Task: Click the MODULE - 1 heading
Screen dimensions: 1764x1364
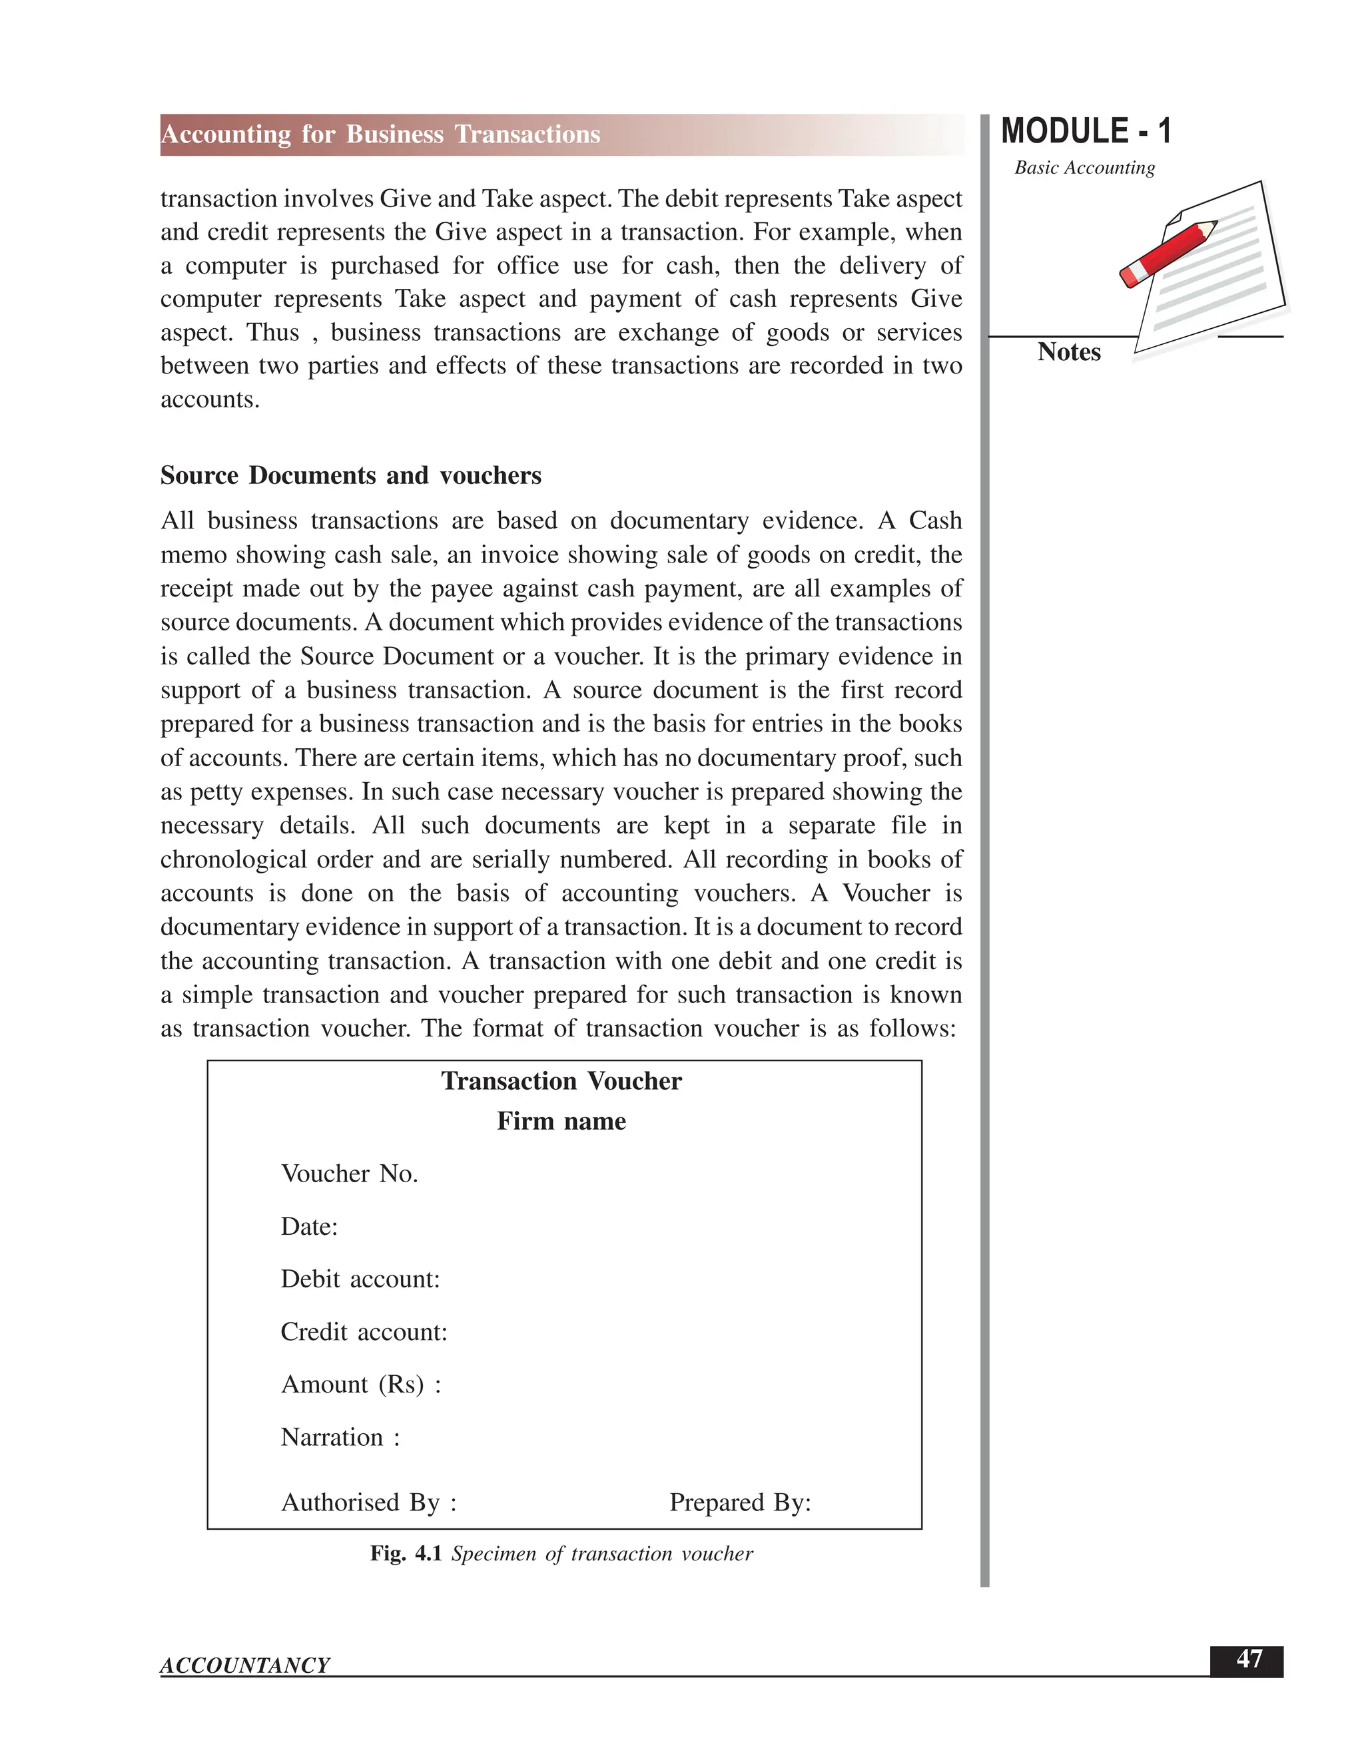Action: point(1085,132)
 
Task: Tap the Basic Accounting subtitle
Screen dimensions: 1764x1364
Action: point(1084,168)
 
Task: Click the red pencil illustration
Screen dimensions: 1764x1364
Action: point(1168,253)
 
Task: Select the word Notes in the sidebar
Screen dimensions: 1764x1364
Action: point(1068,352)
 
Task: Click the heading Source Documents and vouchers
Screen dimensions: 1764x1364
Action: point(351,476)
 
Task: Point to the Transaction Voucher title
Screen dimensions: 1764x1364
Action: point(561,1080)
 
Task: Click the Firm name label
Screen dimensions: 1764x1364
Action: point(561,1121)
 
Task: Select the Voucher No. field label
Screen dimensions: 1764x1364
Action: point(349,1174)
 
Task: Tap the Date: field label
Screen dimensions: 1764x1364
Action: point(308,1227)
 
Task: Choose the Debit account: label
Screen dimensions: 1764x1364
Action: point(360,1279)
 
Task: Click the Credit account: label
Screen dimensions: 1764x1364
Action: point(364,1332)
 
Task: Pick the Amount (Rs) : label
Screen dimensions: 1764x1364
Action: point(360,1385)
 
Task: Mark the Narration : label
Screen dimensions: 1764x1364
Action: point(340,1437)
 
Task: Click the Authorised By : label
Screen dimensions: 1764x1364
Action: point(368,1502)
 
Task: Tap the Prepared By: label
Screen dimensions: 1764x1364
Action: point(739,1502)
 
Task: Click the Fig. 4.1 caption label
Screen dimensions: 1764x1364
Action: point(405,1554)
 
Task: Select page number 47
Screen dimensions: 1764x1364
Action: point(1249,1659)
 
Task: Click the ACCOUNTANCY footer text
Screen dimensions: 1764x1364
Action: point(245,1665)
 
